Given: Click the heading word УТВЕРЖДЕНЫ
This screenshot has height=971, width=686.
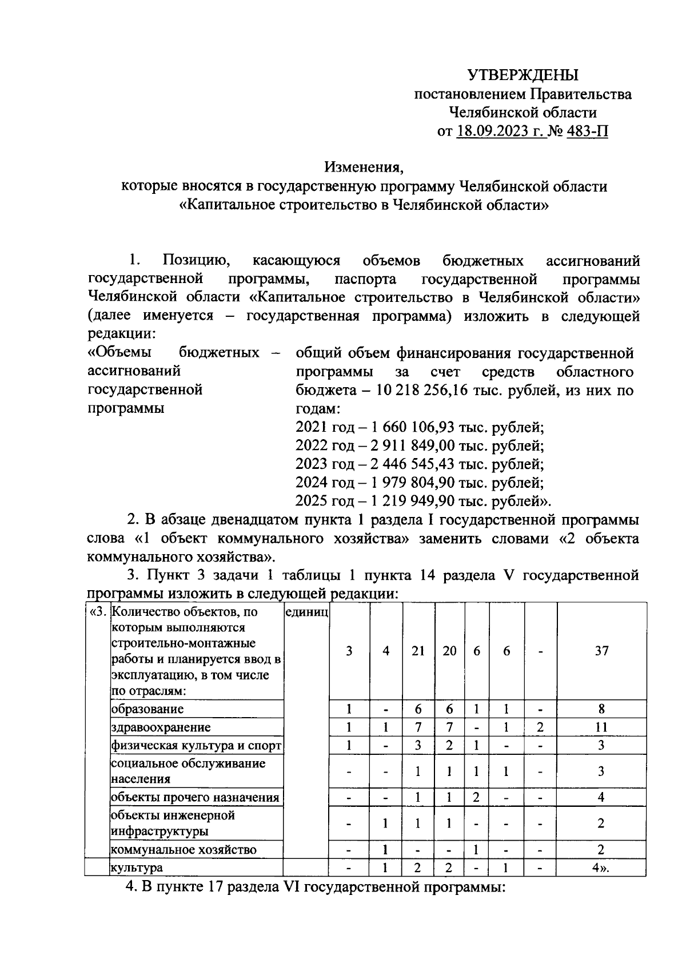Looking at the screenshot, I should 523,75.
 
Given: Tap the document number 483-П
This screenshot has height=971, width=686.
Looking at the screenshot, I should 587,132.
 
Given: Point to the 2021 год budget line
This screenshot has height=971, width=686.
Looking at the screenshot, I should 419,427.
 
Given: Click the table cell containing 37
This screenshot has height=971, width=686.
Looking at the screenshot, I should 601,650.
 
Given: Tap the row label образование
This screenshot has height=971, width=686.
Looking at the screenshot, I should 147,709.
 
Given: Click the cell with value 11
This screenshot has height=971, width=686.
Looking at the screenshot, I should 601,727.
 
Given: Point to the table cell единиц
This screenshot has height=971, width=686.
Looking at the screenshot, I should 306,612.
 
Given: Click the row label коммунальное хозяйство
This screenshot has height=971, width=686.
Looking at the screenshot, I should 183,849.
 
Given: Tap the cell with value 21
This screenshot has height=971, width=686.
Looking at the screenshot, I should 418,650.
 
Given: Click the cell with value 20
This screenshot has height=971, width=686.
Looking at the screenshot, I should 449,650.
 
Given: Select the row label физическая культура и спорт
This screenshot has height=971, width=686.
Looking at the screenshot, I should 196,746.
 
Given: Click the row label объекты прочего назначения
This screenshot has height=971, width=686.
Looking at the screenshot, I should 195,797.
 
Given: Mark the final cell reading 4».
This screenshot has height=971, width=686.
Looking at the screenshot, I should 600,867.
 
